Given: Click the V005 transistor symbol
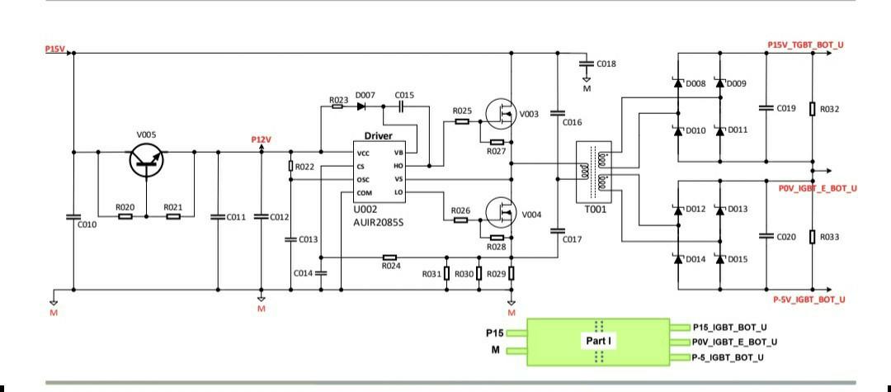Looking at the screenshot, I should click(146, 162).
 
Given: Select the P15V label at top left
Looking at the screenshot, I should click(54, 50).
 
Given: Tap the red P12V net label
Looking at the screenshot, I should click(262, 139).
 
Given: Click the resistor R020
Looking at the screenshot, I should click(125, 216).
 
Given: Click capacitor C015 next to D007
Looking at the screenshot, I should click(402, 106).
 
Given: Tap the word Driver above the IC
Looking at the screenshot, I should click(379, 136).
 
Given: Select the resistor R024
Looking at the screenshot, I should click(390, 257).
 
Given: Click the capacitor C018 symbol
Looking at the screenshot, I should click(586, 64).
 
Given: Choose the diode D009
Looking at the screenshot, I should click(719, 83).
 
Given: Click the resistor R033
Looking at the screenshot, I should click(813, 237).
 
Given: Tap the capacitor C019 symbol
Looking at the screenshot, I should click(768, 108).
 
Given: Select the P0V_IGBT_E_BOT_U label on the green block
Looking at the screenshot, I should click(734, 341).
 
